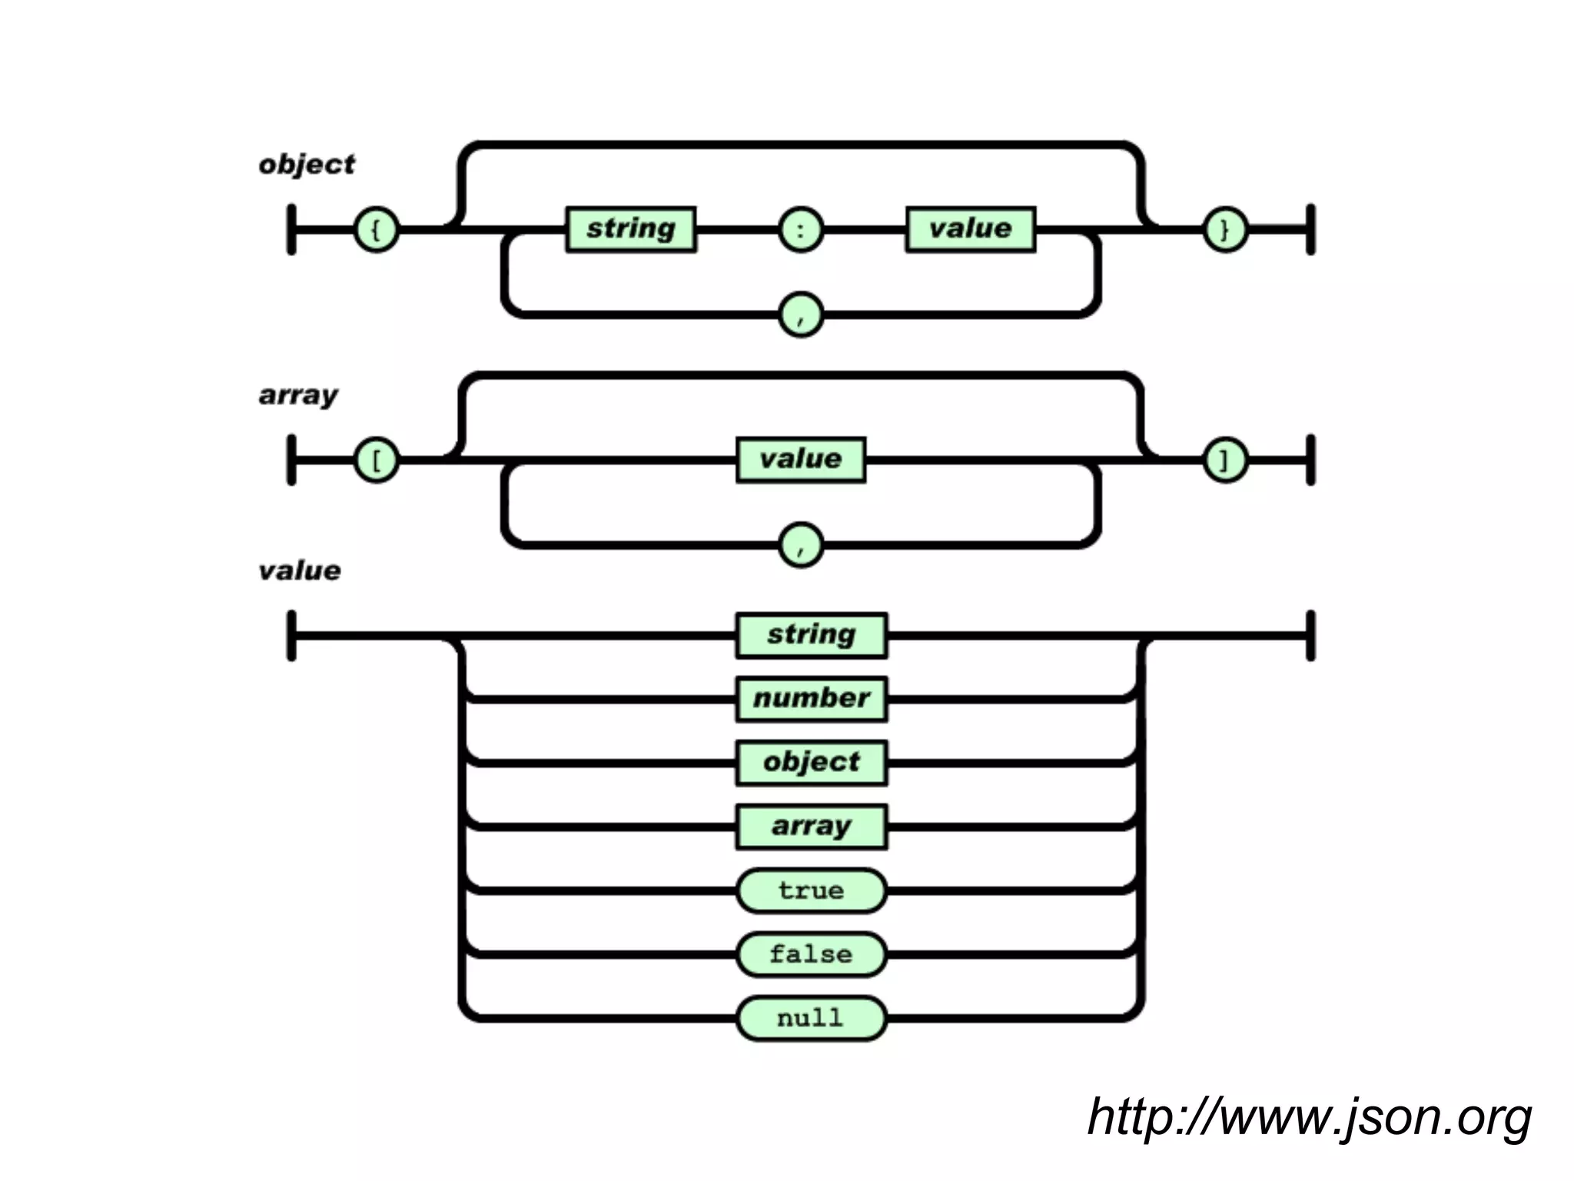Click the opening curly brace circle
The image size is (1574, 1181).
coord(376,229)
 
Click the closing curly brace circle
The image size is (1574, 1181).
coord(1224,229)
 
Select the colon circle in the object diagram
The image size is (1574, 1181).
coord(801,229)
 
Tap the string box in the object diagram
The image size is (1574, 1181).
coord(631,229)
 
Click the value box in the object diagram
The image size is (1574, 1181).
coord(970,229)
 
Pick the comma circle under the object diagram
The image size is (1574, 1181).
coord(801,314)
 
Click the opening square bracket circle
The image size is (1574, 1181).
coord(376,460)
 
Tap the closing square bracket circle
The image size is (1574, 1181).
coord(1224,460)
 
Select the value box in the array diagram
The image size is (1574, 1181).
coord(801,460)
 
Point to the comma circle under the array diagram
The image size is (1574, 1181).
coord(801,544)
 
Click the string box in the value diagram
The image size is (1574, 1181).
coord(812,635)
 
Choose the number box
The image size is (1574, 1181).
coord(812,699)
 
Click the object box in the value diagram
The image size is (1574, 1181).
coord(812,763)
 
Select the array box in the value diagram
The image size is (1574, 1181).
coord(812,827)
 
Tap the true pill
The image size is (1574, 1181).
coord(812,890)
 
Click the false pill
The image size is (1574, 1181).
coord(812,954)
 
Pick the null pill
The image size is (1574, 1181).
coord(812,1018)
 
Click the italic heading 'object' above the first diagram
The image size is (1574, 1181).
coord(307,165)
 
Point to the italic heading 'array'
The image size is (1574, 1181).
coord(298,395)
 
